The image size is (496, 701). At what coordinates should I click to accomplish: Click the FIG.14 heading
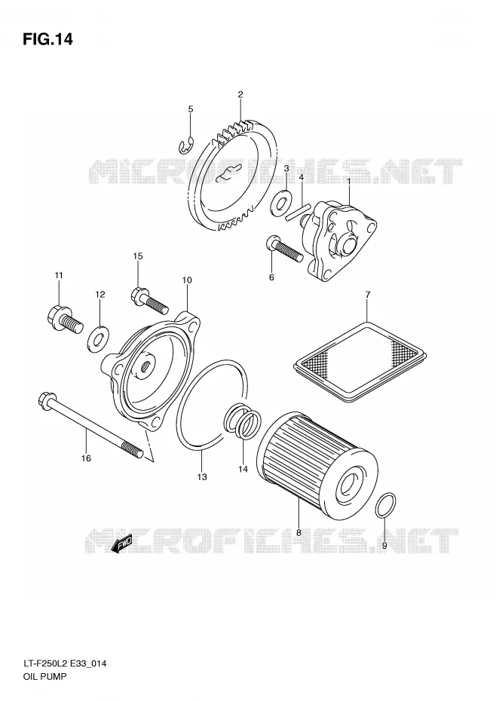point(47,40)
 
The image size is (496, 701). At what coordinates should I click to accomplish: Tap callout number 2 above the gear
point(240,94)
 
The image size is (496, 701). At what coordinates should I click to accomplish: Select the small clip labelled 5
point(186,145)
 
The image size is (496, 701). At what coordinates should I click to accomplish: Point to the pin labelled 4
point(298,211)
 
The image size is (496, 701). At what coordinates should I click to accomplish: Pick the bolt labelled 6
point(286,248)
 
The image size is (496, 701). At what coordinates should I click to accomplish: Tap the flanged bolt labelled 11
point(64,319)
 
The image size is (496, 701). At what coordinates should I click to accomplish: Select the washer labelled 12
point(96,339)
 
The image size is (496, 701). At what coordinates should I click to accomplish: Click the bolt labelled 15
point(150,301)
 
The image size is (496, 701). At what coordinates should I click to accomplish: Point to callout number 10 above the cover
point(187,280)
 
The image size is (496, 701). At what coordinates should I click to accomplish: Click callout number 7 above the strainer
point(368,295)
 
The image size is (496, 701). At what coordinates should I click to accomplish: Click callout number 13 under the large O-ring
point(202,477)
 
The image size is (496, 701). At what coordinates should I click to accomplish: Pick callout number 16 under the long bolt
point(86,458)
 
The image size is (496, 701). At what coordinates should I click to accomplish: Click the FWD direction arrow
point(121,543)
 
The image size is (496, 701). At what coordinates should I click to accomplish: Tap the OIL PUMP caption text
point(44,676)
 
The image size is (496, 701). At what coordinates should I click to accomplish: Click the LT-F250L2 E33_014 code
point(64,664)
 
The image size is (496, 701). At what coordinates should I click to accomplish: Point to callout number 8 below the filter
point(299,532)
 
